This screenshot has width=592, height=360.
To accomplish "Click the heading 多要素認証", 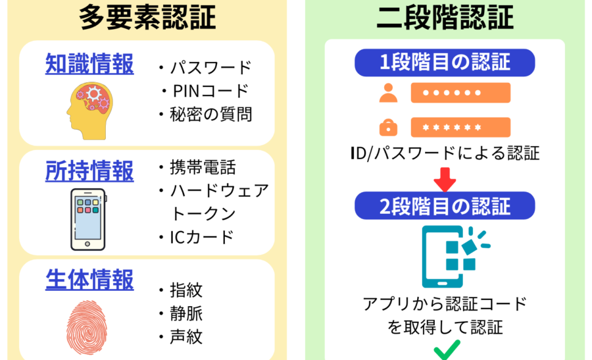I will click(x=147, y=18).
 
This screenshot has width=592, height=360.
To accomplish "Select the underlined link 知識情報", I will click(x=89, y=64).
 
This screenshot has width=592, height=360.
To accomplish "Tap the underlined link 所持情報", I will click(x=89, y=171).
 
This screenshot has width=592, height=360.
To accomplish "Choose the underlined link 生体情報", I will click(x=89, y=280).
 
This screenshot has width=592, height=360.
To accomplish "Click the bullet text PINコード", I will click(x=209, y=90).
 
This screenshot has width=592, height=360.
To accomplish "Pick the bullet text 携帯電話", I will click(x=203, y=167).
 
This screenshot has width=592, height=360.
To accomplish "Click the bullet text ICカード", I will click(x=202, y=237).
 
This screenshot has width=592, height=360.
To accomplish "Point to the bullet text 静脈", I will click(x=186, y=313).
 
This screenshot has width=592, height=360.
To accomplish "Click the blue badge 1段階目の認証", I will click(x=445, y=63).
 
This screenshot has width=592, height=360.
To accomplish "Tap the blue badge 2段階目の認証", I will click(x=445, y=206).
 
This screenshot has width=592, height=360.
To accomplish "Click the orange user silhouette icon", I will click(x=388, y=93).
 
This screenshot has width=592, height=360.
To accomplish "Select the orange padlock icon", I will click(x=388, y=126).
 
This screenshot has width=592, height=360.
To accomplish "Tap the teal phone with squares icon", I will click(x=454, y=257).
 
